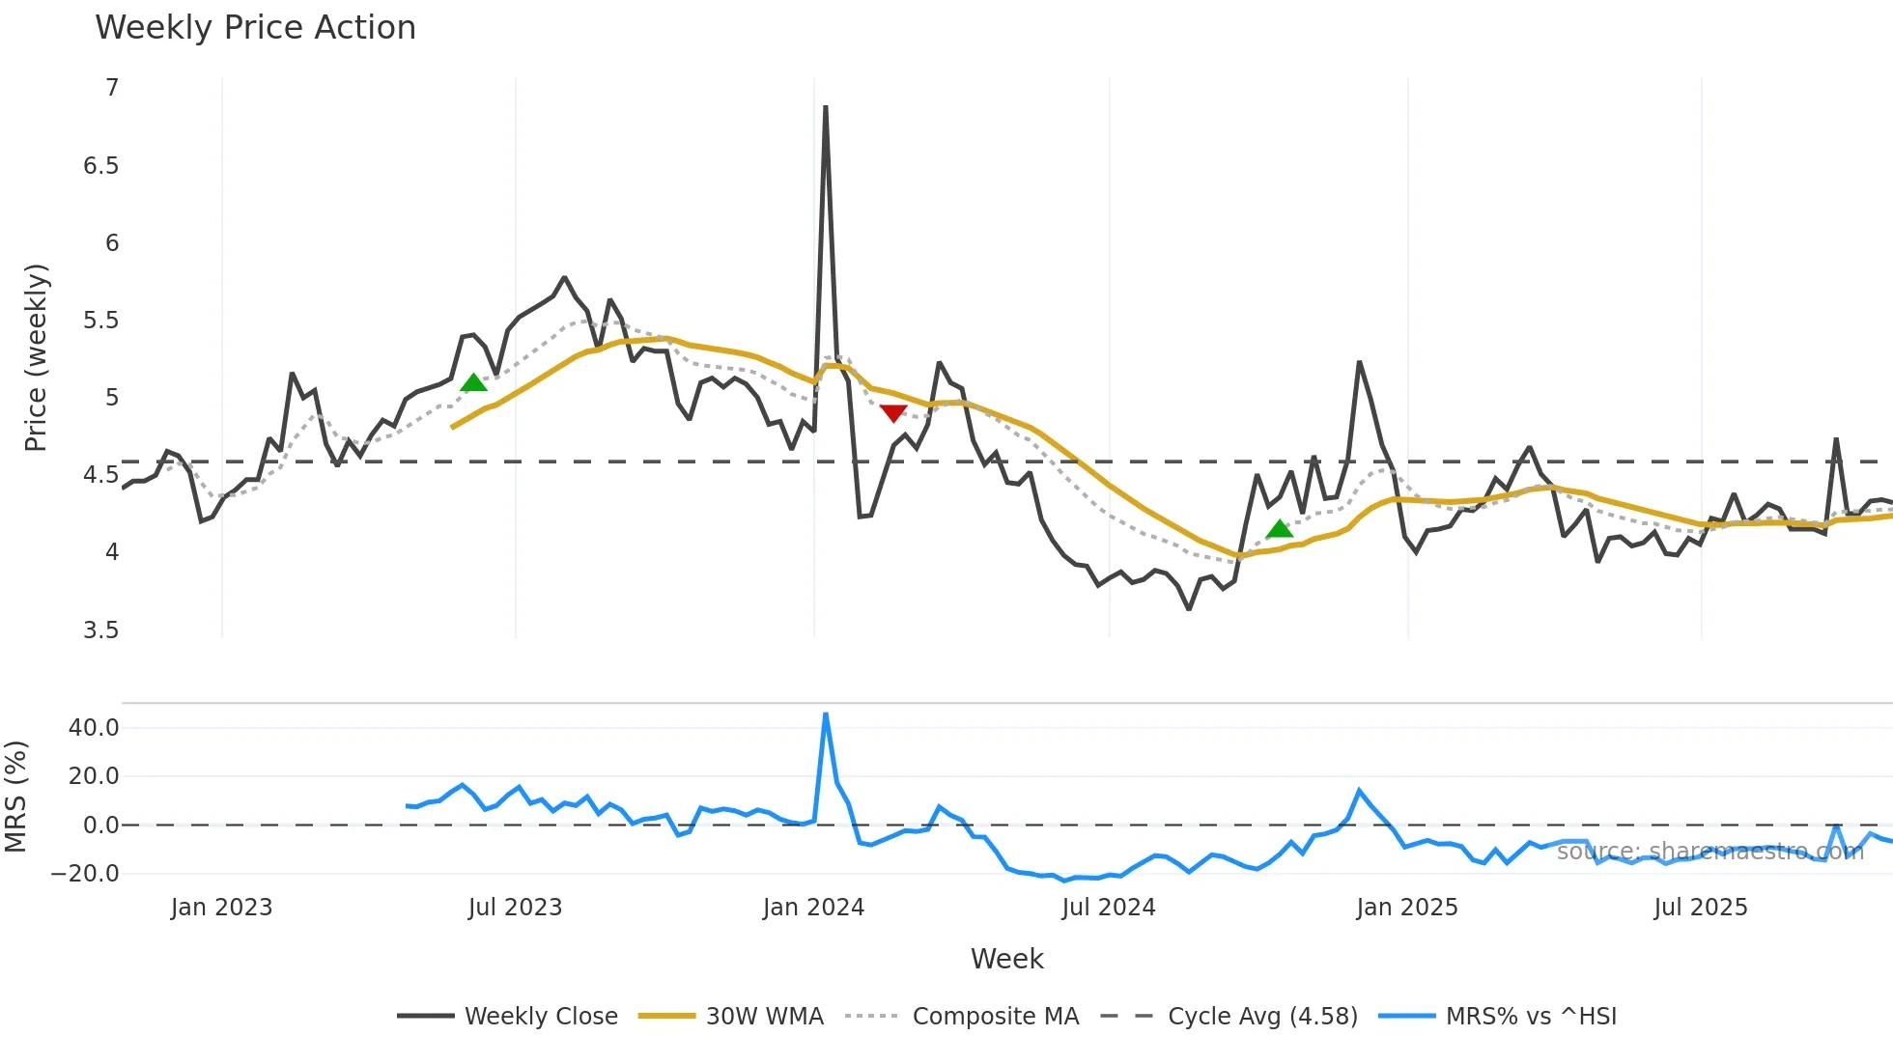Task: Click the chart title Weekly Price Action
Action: [255, 28]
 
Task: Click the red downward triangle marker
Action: [893, 413]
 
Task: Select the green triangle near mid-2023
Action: [473, 383]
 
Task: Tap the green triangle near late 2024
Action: [1279, 529]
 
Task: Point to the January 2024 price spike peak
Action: [825, 107]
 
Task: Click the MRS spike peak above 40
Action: [825, 714]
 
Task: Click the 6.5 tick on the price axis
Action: [100, 166]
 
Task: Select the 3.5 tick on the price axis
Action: [100, 630]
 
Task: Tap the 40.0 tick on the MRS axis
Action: [94, 728]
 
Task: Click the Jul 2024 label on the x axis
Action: [1108, 908]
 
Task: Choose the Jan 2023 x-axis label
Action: [221, 908]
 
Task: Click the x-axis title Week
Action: [1006, 959]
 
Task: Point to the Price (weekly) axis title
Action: [36, 357]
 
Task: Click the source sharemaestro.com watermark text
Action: [1709, 852]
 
